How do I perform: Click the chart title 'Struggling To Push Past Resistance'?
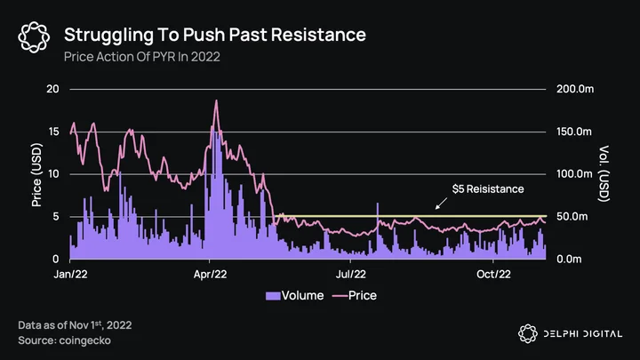pyautogui.click(x=215, y=35)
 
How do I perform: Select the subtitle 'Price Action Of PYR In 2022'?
pyautogui.click(x=142, y=56)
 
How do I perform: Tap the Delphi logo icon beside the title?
pyautogui.click(x=34, y=37)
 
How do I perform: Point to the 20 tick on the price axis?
pyautogui.click(x=52, y=89)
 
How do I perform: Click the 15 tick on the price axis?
pyautogui.click(x=53, y=132)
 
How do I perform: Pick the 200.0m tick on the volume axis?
pyautogui.click(x=575, y=89)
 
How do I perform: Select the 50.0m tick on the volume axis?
pyautogui.click(x=572, y=216)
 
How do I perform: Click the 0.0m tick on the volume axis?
pyautogui.click(x=569, y=260)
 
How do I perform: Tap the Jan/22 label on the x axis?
pyautogui.click(x=70, y=274)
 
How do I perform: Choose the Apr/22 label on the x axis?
pyautogui.click(x=210, y=274)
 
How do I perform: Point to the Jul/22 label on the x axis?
pyautogui.click(x=351, y=274)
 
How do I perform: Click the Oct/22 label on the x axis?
pyautogui.click(x=493, y=274)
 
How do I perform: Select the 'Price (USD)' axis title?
pyautogui.click(x=36, y=175)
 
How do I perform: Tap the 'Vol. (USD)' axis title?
pyautogui.click(x=604, y=173)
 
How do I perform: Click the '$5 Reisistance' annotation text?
pyautogui.click(x=488, y=189)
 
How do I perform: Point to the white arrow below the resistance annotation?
pyautogui.click(x=441, y=204)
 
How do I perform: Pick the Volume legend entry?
pyautogui.click(x=294, y=295)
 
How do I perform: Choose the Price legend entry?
pyautogui.click(x=355, y=295)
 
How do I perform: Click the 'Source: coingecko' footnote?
pyautogui.click(x=65, y=340)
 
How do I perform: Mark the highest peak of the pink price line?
pyautogui.click(x=216, y=100)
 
